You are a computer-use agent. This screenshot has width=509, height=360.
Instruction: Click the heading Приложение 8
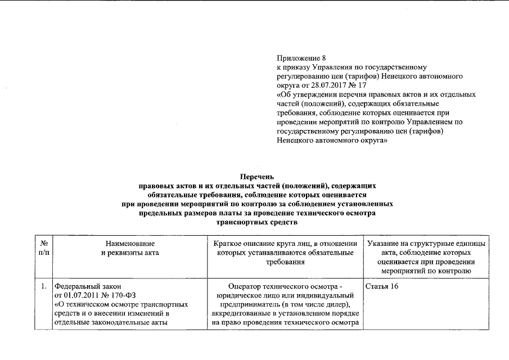301,58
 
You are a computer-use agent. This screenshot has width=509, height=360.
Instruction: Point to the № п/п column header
43,248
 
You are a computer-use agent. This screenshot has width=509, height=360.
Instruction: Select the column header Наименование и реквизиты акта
129,248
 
